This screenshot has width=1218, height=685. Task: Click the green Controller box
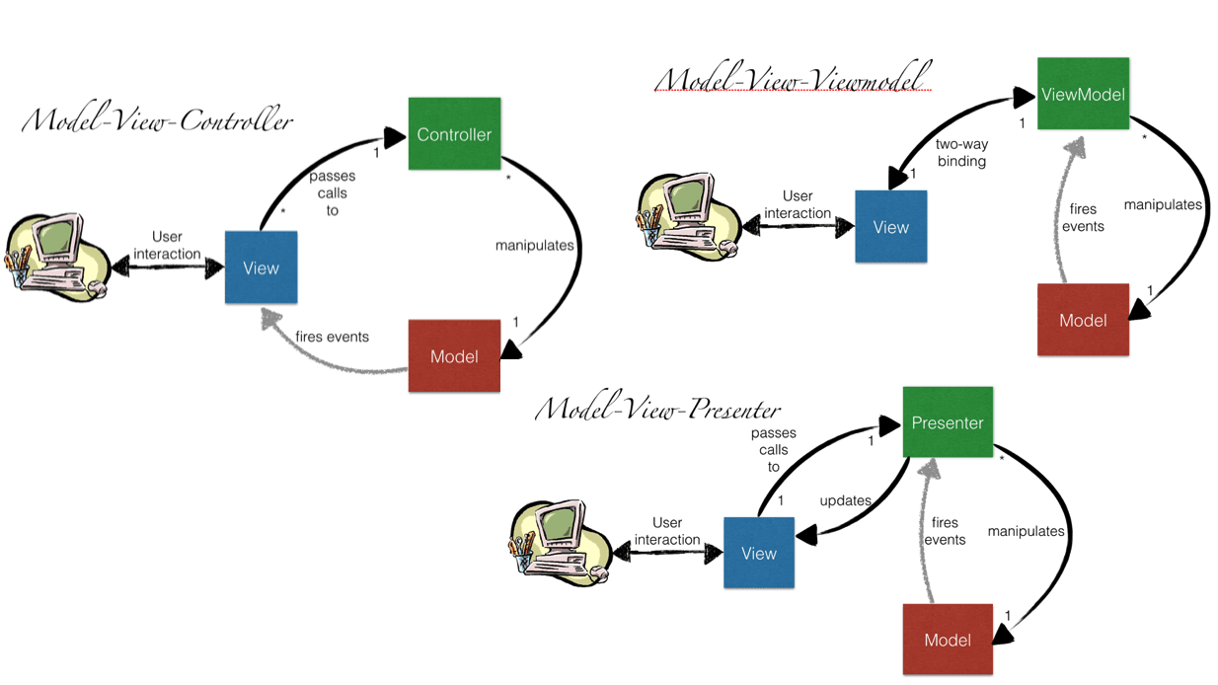point(454,134)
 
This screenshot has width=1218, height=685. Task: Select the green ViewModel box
point(1083,94)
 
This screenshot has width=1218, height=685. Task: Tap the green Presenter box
point(948,422)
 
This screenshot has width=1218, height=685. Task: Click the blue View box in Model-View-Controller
point(261,267)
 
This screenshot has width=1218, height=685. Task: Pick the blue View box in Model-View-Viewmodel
point(890,227)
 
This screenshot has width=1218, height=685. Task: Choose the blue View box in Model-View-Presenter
point(758,553)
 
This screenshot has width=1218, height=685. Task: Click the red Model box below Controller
point(454,356)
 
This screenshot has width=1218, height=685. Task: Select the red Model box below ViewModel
point(1083,320)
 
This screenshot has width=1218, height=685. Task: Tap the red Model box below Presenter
point(948,640)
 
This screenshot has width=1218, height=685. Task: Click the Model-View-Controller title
point(158,121)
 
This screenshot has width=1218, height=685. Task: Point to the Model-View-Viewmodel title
point(793,79)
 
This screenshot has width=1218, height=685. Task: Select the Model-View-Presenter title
point(657,409)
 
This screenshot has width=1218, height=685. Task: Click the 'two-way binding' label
point(961,152)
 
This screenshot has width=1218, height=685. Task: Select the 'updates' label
point(845,500)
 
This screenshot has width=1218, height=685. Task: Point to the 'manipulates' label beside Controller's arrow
point(534,245)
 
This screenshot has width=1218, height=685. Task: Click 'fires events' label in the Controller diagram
point(332,337)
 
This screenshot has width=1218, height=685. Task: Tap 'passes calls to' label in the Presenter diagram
point(774,450)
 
